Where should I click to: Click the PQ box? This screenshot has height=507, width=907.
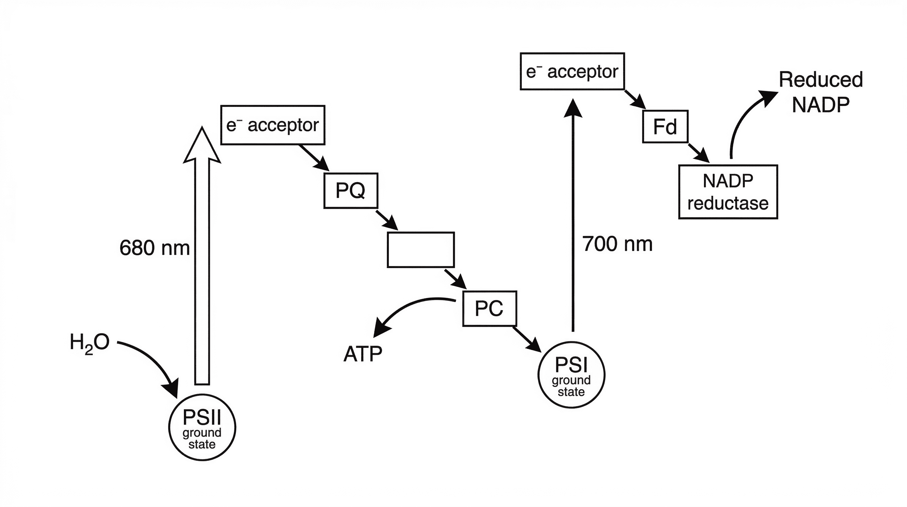click(x=351, y=191)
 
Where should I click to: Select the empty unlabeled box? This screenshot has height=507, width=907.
click(x=421, y=250)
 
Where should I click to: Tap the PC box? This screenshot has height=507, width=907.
click(x=489, y=309)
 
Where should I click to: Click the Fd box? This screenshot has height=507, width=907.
click(x=665, y=126)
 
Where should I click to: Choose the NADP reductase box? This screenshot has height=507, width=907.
click(x=728, y=192)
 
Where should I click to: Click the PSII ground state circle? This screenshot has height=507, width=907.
click(x=202, y=427)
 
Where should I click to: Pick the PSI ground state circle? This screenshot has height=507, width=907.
click(x=571, y=375)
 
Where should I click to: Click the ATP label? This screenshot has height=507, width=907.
click(x=363, y=354)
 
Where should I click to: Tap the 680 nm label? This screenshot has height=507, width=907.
click(x=155, y=248)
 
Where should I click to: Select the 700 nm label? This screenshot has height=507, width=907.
click(x=617, y=244)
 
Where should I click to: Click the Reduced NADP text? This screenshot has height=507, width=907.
click(x=820, y=92)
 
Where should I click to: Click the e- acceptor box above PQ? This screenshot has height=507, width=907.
click(x=273, y=125)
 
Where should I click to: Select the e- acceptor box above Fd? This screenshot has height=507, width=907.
click(x=572, y=72)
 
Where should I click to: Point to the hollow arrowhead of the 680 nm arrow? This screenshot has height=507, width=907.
click(x=202, y=146)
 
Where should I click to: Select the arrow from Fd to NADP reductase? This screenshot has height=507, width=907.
click(x=699, y=153)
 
